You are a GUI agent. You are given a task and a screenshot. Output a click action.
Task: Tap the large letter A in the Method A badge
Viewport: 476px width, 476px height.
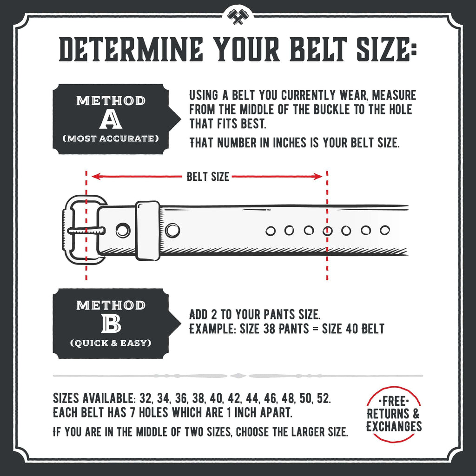pyautogui.click(x=111, y=120)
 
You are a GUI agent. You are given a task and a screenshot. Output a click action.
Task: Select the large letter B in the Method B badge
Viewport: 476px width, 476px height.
pyautogui.click(x=111, y=324)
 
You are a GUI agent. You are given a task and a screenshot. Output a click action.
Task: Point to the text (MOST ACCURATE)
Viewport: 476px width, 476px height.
pyautogui.click(x=111, y=138)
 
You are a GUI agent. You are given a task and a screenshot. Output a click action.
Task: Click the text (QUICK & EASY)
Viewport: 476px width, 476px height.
pyautogui.click(x=111, y=343)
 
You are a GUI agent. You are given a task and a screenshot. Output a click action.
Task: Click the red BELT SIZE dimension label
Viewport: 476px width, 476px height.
pyautogui.click(x=208, y=177)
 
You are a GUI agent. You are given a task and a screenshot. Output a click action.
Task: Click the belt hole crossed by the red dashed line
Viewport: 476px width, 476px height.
pyautogui.click(x=328, y=230)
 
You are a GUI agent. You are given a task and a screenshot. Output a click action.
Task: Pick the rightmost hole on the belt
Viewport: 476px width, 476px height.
pyautogui.click(x=384, y=230)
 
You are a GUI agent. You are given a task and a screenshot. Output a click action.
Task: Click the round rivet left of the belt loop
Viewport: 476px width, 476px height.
pyautogui.click(x=123, y=229)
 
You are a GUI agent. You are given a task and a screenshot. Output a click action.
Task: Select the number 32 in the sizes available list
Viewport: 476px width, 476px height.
pyautogui.click(x=146, y=399)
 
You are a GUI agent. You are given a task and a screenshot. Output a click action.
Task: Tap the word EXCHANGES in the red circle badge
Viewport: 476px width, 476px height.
pyautogui.click(x=394, y=426)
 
